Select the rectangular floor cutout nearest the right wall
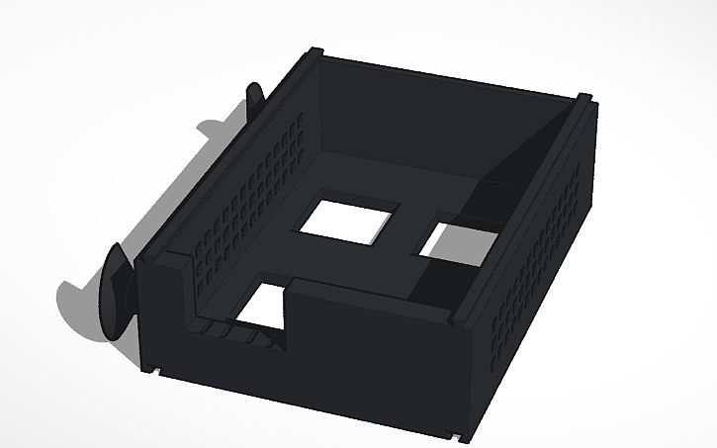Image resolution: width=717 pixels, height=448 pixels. [x=460, y=243]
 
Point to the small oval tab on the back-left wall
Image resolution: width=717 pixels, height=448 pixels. [x=254, y=98]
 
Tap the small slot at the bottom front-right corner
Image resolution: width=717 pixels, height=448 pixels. [x=454, y=432]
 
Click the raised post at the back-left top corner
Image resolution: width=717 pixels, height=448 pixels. [x=315, y=51]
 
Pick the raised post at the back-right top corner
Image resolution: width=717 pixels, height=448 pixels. [x=585, y=98]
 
